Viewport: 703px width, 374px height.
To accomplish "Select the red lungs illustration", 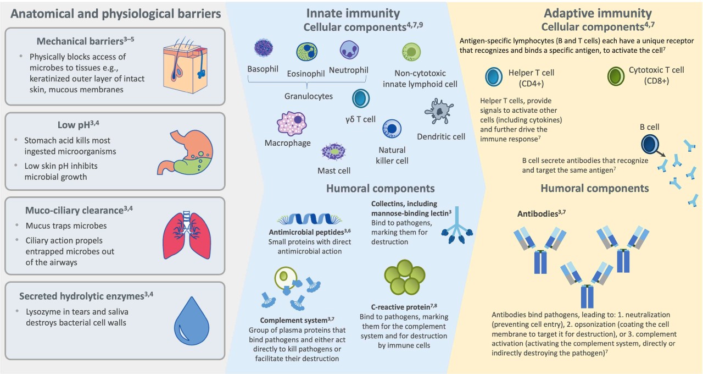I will (x=186, y=234).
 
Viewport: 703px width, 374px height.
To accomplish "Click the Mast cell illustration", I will (x=333, y=151).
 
